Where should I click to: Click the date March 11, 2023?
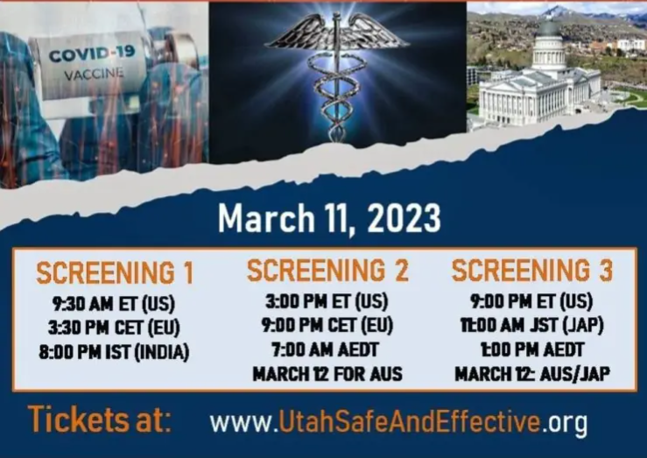click(x=329, y=219)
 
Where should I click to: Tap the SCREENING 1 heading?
click(x=115, y=273)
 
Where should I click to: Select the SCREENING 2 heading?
click(x=327, y=271)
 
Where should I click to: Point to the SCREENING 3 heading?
click(x=532, y=271)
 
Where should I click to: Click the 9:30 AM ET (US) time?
click(x=114, y=304)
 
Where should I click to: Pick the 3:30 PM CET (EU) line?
click(x=114, y=328)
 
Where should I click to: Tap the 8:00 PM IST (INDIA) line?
click(x=114, y=352)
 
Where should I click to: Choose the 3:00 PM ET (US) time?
click(x=327, y=301)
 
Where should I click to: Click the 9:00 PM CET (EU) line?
click(x=327, y=326)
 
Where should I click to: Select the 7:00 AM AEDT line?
click(x=325, y=350)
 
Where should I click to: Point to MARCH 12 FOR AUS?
click(x=327, y=374)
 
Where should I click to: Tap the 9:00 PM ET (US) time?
click(x=531, y=301)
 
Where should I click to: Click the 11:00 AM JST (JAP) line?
click(x=532, y=326)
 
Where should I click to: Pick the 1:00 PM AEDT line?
click(x=532, y=350)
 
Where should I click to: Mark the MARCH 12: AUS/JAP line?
click(x=532, y=374)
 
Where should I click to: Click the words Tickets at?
click(x=100, y=419)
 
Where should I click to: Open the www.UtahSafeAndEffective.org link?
click(x=398, y=422)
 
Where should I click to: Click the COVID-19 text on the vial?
click(x=92, y=53)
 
